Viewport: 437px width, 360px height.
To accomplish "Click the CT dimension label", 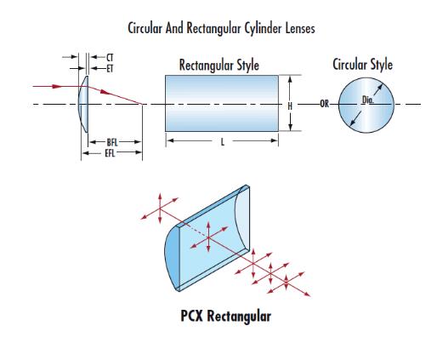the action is (x=110, y=58).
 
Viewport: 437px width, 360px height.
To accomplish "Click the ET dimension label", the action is (x=110, y=69).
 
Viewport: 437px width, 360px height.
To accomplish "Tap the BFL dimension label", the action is (x=112, y=142).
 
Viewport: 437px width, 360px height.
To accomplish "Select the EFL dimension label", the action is (x=110, y=153).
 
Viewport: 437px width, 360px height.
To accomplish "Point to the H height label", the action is (x=290, y=106).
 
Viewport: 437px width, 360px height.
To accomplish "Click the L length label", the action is (x=223, y=142).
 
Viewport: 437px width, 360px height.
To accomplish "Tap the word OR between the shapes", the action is (x=325, y=104).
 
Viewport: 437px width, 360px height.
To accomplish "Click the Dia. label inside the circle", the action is (x=368, y=100).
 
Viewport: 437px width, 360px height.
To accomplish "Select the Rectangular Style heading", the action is (x=219, y=66).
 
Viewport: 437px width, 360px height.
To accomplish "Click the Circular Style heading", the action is (x=363, y=65).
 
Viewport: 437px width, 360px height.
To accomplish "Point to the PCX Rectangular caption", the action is (x=226, y=316).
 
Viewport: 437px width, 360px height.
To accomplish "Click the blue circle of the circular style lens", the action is (x=366, y=105).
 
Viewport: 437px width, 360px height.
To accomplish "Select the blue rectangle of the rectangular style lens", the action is (x=222, y=103).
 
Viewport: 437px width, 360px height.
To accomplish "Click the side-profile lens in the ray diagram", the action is (x=83, y=104).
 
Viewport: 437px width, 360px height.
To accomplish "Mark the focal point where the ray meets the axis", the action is (x=142, y=104).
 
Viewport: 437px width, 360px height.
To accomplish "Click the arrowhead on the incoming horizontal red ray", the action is (x=57, y=86).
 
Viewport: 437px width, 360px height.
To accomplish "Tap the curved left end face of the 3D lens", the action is (x=172, y=257).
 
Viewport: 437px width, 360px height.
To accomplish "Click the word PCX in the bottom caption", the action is (x=192, y=316).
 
